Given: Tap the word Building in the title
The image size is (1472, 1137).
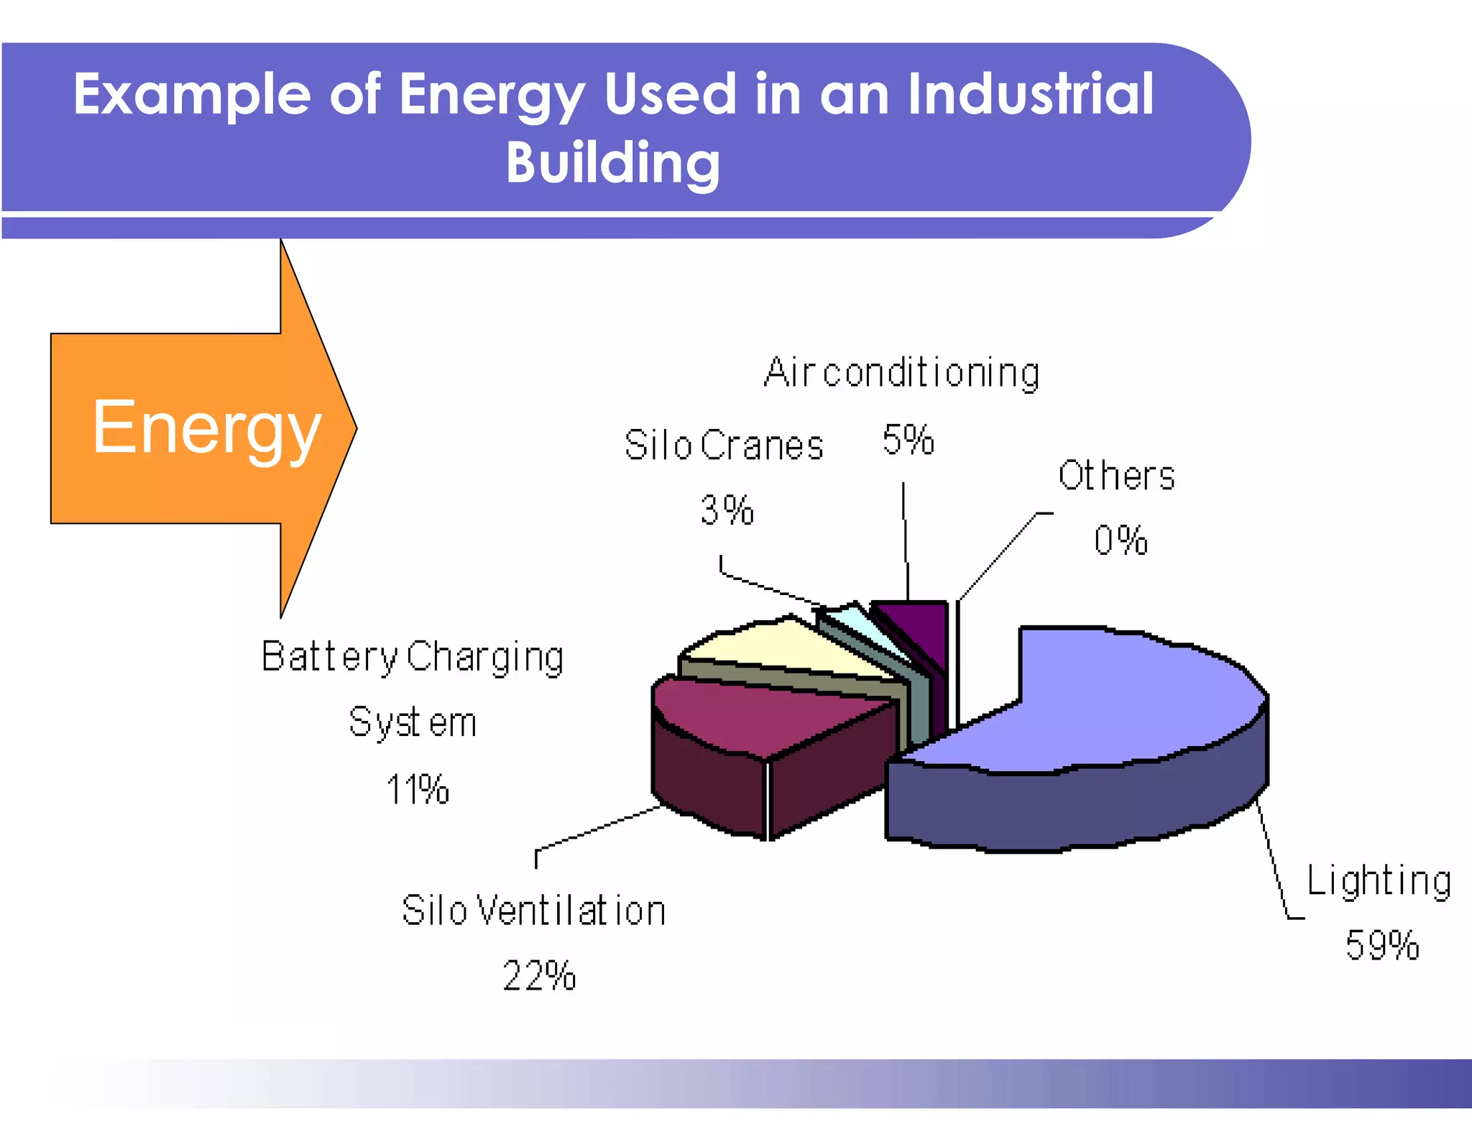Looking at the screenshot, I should pyautogui.click(x=612, y=163).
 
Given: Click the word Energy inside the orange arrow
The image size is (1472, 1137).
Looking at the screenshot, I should pyautogui.click(x=206, y=428).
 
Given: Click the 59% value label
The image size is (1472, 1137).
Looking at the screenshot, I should pyautogui.click(x=1381, y=945).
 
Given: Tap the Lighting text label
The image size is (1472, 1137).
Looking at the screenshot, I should pyautogui.click(x=1379, y=881).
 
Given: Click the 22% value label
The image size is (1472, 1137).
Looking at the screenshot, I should pyautogui.click(x=539, y=976).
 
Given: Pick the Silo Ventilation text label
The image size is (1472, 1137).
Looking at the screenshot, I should pyautogui.click(x=533, y=911).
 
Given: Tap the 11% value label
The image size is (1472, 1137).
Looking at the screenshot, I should pyautogui.click(x=418, y=789).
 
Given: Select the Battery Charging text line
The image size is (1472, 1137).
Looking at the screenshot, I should pyautogui.click(x=413, y=657).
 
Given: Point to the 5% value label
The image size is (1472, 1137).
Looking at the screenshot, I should pyautogui.click(x=908, y=440).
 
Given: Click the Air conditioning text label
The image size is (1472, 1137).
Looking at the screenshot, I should pyautogui.click(x=901, y=373).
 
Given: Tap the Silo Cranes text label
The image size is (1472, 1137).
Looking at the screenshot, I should pyautogui.click(x=724, y=446).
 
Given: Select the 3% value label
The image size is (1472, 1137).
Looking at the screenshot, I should pyautogui.click(x=727, y=511).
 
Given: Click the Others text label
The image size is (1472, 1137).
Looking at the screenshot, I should pyautogui.click(x=1116, y=476).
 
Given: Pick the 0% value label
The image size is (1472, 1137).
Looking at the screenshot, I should pyautogui.click(x=1121, y=540).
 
